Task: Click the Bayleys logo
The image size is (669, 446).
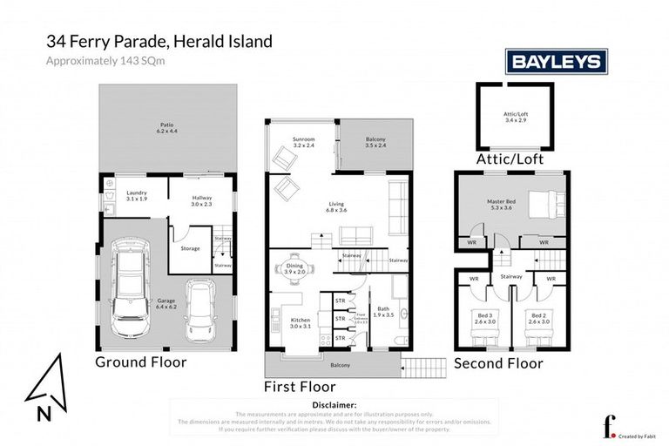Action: coord(557,61)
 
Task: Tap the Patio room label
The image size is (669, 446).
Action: coord(166,127)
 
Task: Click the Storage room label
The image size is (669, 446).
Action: coord(190,248)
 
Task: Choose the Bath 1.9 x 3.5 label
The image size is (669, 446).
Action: coord(383,312)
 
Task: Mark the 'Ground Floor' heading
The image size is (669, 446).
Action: coord(140,362)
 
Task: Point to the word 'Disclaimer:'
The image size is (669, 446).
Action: coord(334,405)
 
